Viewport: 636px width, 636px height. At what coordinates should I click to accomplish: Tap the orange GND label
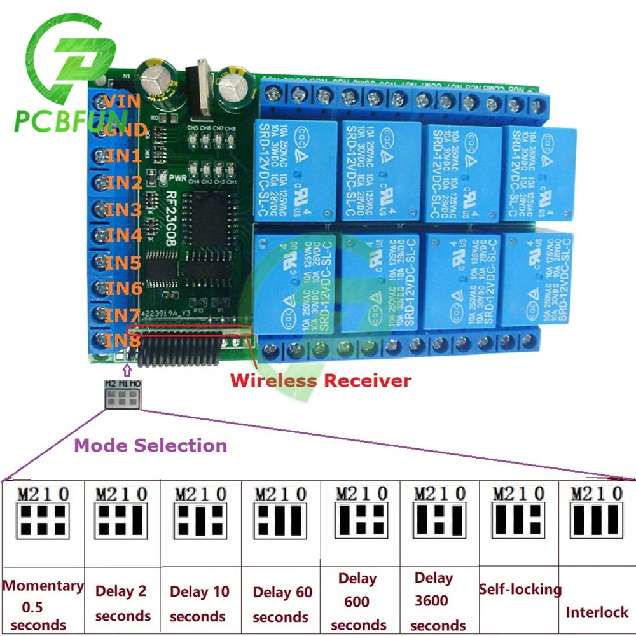click(127, 130)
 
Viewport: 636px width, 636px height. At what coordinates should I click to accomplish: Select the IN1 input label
click(124, 156)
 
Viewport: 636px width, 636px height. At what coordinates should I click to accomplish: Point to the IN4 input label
click(124, 235)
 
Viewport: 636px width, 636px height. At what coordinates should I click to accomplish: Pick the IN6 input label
click(124, 288)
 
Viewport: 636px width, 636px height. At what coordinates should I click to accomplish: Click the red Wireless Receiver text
click(321, 380)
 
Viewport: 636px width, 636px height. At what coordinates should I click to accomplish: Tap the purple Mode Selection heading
click(151, 445)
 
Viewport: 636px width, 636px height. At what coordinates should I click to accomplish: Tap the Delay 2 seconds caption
click(123, 604)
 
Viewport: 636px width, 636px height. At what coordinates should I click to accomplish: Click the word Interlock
click(597, 612)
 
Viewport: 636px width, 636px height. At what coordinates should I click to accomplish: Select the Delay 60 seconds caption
click(282, 604)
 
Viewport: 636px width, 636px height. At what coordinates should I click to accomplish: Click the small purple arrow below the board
click(127, 370)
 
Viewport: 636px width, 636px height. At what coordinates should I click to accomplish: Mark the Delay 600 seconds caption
click(358, 602)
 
